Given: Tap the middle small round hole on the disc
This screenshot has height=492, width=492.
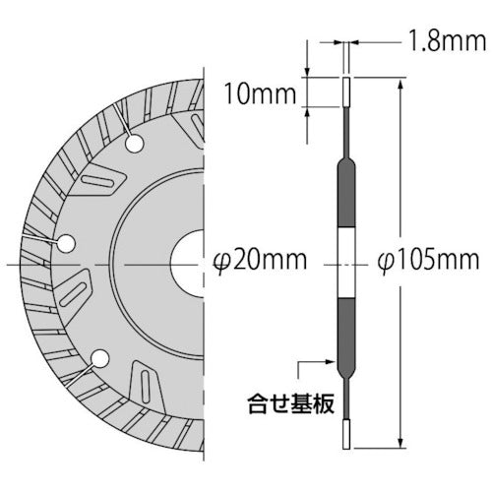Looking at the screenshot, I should click(x=65, y=242).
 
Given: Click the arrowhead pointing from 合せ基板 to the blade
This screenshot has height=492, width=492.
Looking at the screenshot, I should click(x=337, y=371).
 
